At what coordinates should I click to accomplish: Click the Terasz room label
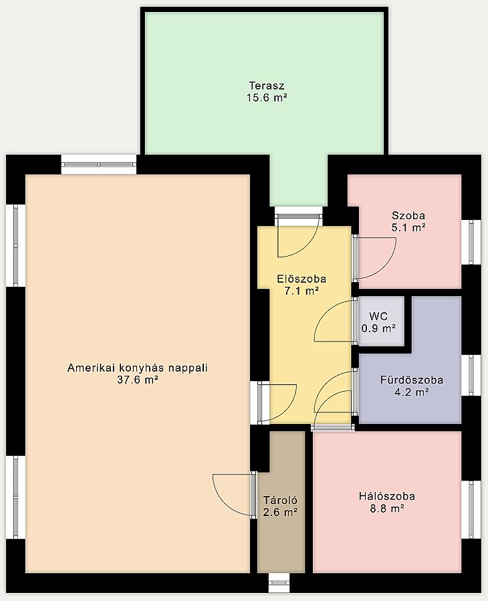click(x=267, y=85)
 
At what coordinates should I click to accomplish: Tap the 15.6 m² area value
click(x=267, y=98)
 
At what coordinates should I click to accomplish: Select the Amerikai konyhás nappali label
click(x=137, y=368)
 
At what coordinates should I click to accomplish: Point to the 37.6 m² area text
click(x=138, y=380)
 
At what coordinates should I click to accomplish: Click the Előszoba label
click(x=301, y=279)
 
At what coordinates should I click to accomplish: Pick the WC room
click(x=382, y=321)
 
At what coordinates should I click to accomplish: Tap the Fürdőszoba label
click(x=412, y=380)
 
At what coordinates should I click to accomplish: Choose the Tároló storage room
click(x=281, y=502)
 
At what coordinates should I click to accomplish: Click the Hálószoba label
click(x=387, y=496)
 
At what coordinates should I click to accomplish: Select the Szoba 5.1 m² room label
click(x=408, y=221)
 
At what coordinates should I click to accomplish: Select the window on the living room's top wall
click(x=99, y=164)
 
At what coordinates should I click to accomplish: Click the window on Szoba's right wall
click(x=471, y=242)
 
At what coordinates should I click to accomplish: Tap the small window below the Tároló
click(x=279, y=583)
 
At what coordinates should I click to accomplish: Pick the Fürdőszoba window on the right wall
click(x=471, y=375)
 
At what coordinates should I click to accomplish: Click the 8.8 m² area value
click(x=387, y=509)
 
